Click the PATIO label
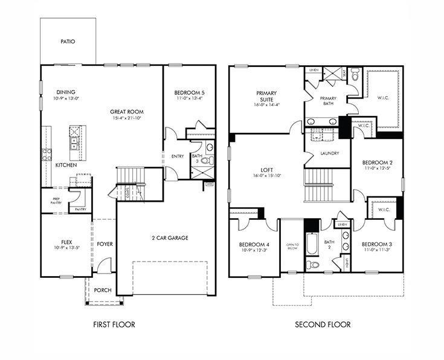click(68, 42)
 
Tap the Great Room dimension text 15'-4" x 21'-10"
click(126, 118)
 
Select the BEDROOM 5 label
click(190, 92)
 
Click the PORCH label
click(103, 290)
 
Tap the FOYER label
click(105, 244)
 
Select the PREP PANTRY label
click(56, 200)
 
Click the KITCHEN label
click(66, 165)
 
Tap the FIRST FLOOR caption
click(114, 324)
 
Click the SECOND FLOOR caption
click(322, 324)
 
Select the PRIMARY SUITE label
click(266, 96)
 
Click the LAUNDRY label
click(329, 153)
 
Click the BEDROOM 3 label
click(378, 243)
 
